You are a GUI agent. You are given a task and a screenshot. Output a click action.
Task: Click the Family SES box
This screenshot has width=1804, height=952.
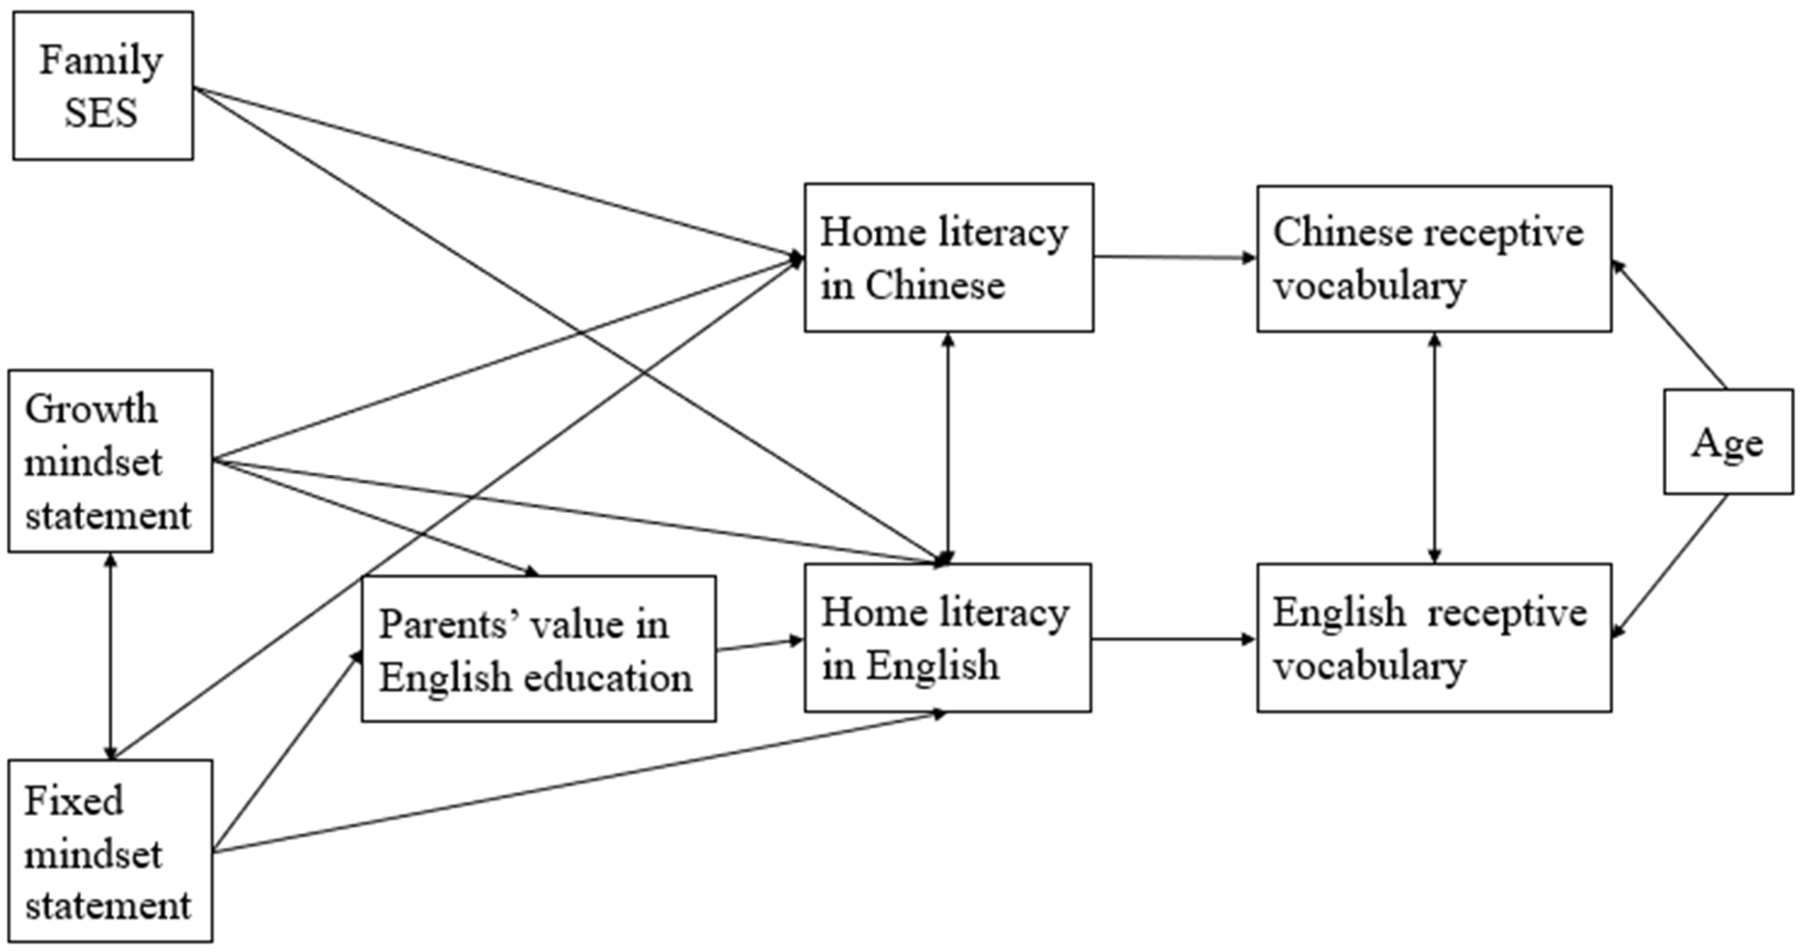103,86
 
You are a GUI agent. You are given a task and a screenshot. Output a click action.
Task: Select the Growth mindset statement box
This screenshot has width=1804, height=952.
110,461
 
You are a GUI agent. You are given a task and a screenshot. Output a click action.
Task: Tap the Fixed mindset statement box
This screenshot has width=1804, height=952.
110,851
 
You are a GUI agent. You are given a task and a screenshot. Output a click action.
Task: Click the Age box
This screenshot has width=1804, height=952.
1728,442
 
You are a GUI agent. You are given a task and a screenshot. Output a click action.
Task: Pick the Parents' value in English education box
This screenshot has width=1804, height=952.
538,648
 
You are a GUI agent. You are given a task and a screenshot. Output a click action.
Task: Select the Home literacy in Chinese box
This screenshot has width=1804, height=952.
948,258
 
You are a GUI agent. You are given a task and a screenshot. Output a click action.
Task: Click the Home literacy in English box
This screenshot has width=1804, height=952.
947,638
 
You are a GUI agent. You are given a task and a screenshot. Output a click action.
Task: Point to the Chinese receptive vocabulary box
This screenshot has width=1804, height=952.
1434,258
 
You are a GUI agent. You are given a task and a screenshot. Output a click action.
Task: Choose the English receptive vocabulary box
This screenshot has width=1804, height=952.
1434,638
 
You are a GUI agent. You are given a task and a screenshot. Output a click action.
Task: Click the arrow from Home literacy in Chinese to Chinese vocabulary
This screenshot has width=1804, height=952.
1175,257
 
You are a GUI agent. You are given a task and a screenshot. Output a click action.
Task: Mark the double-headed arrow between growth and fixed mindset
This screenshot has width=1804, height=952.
110,656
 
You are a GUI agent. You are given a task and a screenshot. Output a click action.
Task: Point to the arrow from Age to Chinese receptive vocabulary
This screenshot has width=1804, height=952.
1670,326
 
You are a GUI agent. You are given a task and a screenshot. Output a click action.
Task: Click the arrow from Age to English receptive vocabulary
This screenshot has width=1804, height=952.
1670,566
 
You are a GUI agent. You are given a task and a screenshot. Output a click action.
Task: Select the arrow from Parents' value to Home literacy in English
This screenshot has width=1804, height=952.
759,645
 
